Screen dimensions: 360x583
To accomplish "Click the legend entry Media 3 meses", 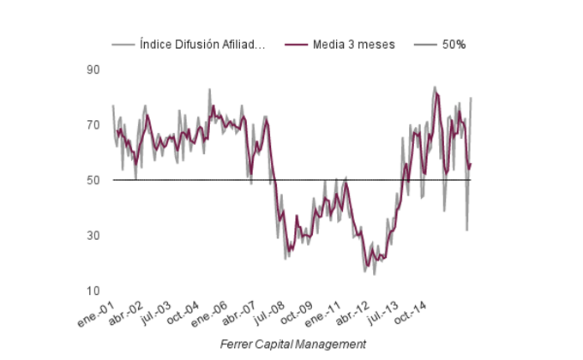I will click(x=354, y=45).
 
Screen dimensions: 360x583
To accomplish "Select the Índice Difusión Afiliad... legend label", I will click(x=202, y=45).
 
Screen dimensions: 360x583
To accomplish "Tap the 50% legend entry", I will click(x=454, y=45).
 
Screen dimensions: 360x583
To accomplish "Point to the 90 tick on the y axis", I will click(x=93, y=69).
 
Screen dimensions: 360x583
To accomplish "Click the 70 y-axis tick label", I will click(x=93, y=125).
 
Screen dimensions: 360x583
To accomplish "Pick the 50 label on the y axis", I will click(x=93, y=180).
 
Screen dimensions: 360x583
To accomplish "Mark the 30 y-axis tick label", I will click(x=93, y=236).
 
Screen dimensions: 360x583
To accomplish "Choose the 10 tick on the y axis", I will click(x=93, y=291).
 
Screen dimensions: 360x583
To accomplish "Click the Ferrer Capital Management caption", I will click(x=292, y=344).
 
